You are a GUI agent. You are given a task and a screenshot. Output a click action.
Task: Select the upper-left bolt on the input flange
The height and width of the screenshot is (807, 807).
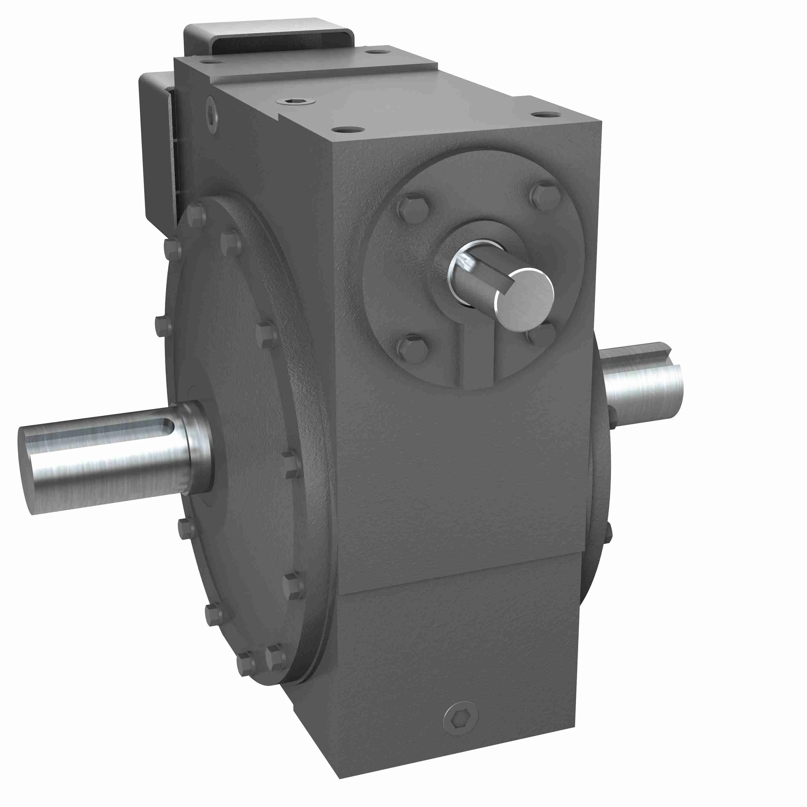pos(413,208)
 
